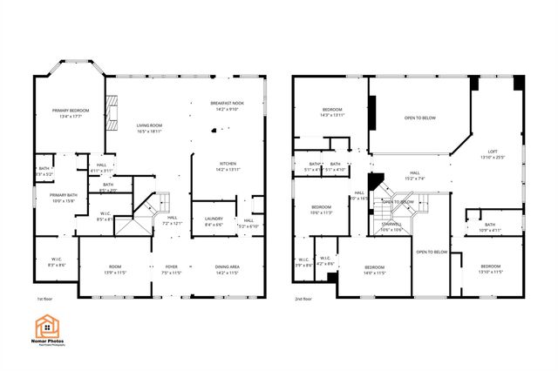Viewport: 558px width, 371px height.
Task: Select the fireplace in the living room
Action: tap(111, 111)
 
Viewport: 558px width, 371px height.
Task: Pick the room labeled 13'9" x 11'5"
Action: tap(115, 269)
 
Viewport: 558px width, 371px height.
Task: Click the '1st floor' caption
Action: tap(45, 299)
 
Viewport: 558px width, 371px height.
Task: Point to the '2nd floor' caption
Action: tap(304, 299)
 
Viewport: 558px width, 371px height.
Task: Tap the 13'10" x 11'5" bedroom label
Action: tap(490, 269)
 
